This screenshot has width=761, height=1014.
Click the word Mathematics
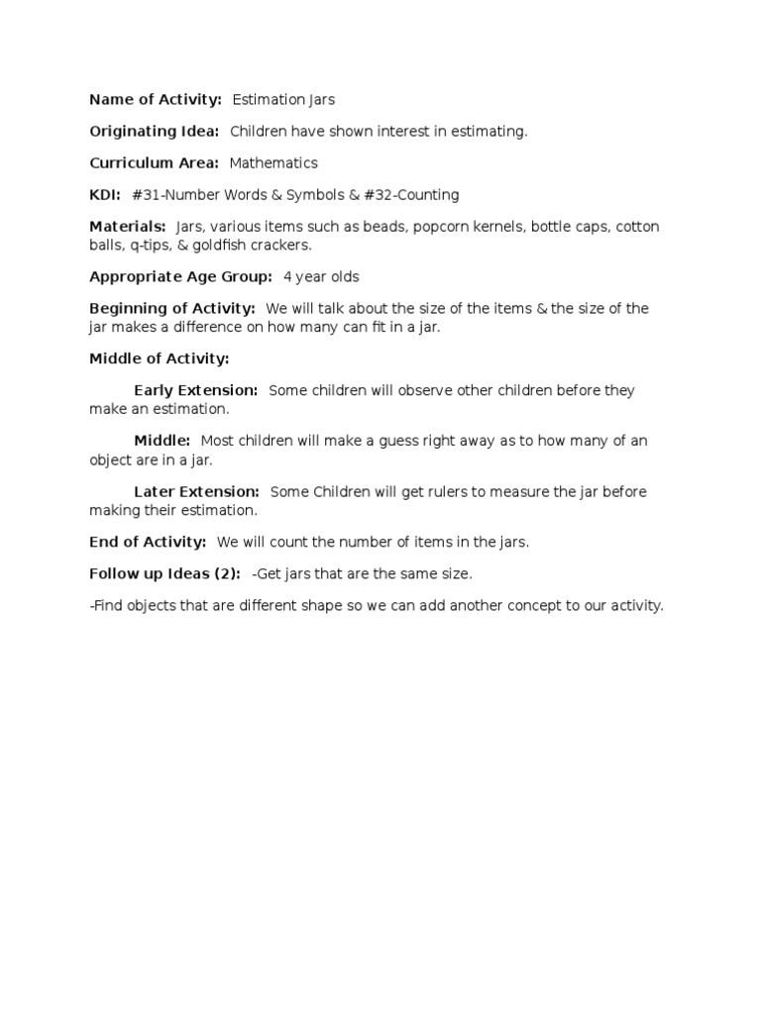(273, 162)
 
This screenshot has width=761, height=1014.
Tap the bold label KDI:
(105, 195)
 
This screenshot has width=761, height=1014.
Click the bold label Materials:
(128, 227)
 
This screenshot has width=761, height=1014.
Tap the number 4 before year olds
(287, 276)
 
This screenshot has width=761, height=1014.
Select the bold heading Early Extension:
(196, 390)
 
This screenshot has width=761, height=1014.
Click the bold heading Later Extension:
(196, 491)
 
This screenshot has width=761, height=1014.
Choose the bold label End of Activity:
(148, 542)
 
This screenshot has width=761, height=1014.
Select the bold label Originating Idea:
(154, 131)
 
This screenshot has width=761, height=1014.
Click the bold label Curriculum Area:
(154, 162)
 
